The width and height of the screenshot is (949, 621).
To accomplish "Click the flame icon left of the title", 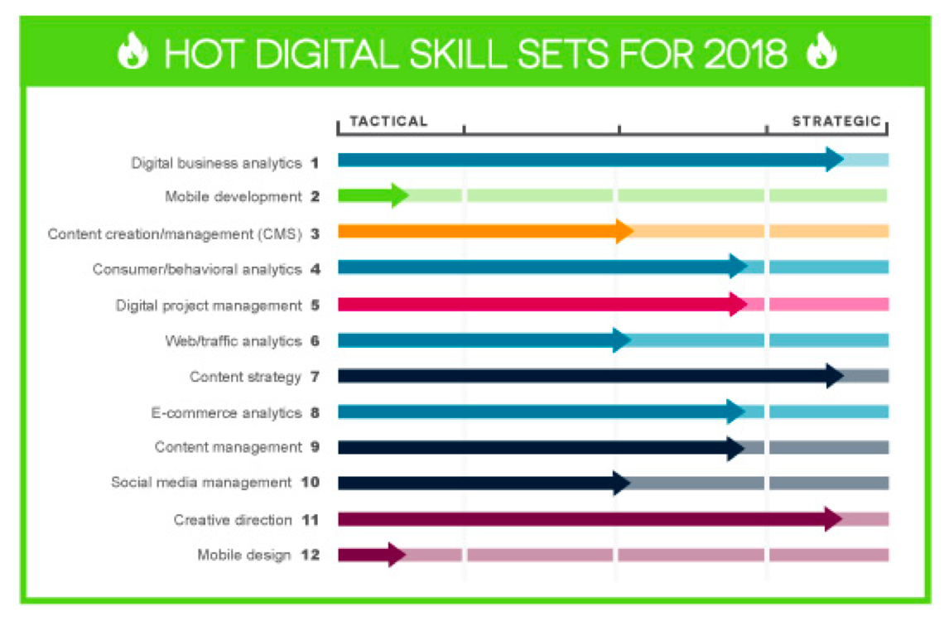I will [132, 53].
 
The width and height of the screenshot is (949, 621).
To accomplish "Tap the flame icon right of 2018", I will [821, 53].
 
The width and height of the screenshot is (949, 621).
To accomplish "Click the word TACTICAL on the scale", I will [388, 121].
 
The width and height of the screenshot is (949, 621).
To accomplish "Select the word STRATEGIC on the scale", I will [836, 121].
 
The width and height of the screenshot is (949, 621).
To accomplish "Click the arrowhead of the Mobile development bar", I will [398, 195].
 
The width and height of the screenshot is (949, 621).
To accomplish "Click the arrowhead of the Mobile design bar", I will [395, 554].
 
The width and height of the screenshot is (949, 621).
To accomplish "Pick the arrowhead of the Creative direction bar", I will [832, 518].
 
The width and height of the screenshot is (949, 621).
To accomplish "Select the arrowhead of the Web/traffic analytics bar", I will [622, 339].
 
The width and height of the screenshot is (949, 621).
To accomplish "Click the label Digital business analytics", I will [216, 163].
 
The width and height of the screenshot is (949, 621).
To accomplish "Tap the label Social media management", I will [201, 482].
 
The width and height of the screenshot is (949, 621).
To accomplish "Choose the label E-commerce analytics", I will [226, 412].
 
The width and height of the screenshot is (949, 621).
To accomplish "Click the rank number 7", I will [315, 377].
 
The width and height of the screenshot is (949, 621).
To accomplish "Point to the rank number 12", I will [311, 555].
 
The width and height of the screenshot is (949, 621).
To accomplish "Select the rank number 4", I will [315, 269].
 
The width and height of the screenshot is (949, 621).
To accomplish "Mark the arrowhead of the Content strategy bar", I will [833, 375].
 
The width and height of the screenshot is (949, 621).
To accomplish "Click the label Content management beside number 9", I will [228, 447].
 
